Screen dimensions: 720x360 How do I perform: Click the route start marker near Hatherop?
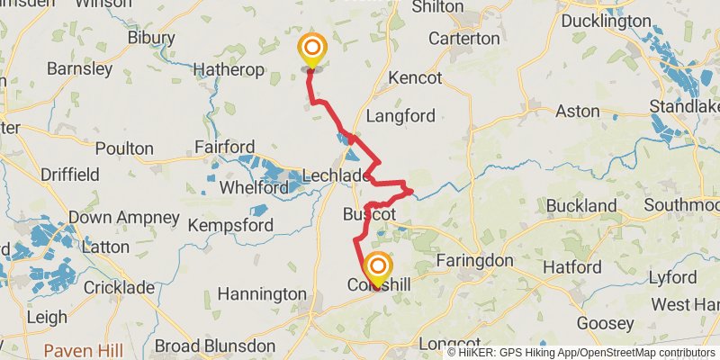(x=312, y=49)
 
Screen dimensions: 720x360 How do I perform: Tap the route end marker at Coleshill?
(x=378, y=268)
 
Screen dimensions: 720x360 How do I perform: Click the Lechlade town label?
(x=336, y=175)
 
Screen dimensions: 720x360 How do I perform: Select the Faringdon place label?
(x=473, y=261)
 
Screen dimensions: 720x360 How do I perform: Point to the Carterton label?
(x=463, y=39)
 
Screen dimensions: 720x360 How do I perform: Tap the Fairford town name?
(x=223, y=147)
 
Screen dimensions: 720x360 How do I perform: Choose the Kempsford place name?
(x=230, y=224)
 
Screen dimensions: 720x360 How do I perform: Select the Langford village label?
(x=401, y=115)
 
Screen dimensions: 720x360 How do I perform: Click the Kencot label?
(x=415, y=78)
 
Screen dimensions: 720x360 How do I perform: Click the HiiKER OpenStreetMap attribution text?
(x=581, y=353)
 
